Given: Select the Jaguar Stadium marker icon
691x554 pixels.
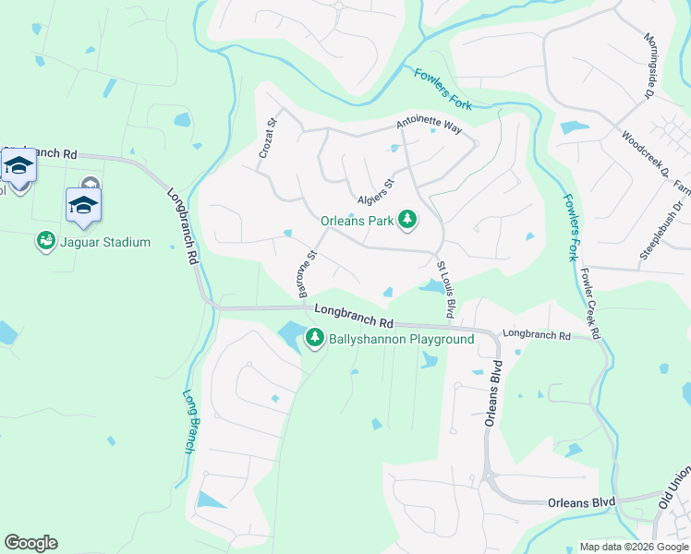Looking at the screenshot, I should [x=45, y=242].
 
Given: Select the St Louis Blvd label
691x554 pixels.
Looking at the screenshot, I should [x=445, y=290].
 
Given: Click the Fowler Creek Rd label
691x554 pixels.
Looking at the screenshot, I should [x=591, y=305].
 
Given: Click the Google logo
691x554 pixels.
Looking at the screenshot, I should [x=30, y=543].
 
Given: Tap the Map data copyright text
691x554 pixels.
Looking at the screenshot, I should [x=634, y=547].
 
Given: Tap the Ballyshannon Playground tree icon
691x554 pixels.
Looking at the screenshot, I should [x=315, y=338].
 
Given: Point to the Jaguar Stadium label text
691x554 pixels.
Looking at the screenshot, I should [x=105, y=243].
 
